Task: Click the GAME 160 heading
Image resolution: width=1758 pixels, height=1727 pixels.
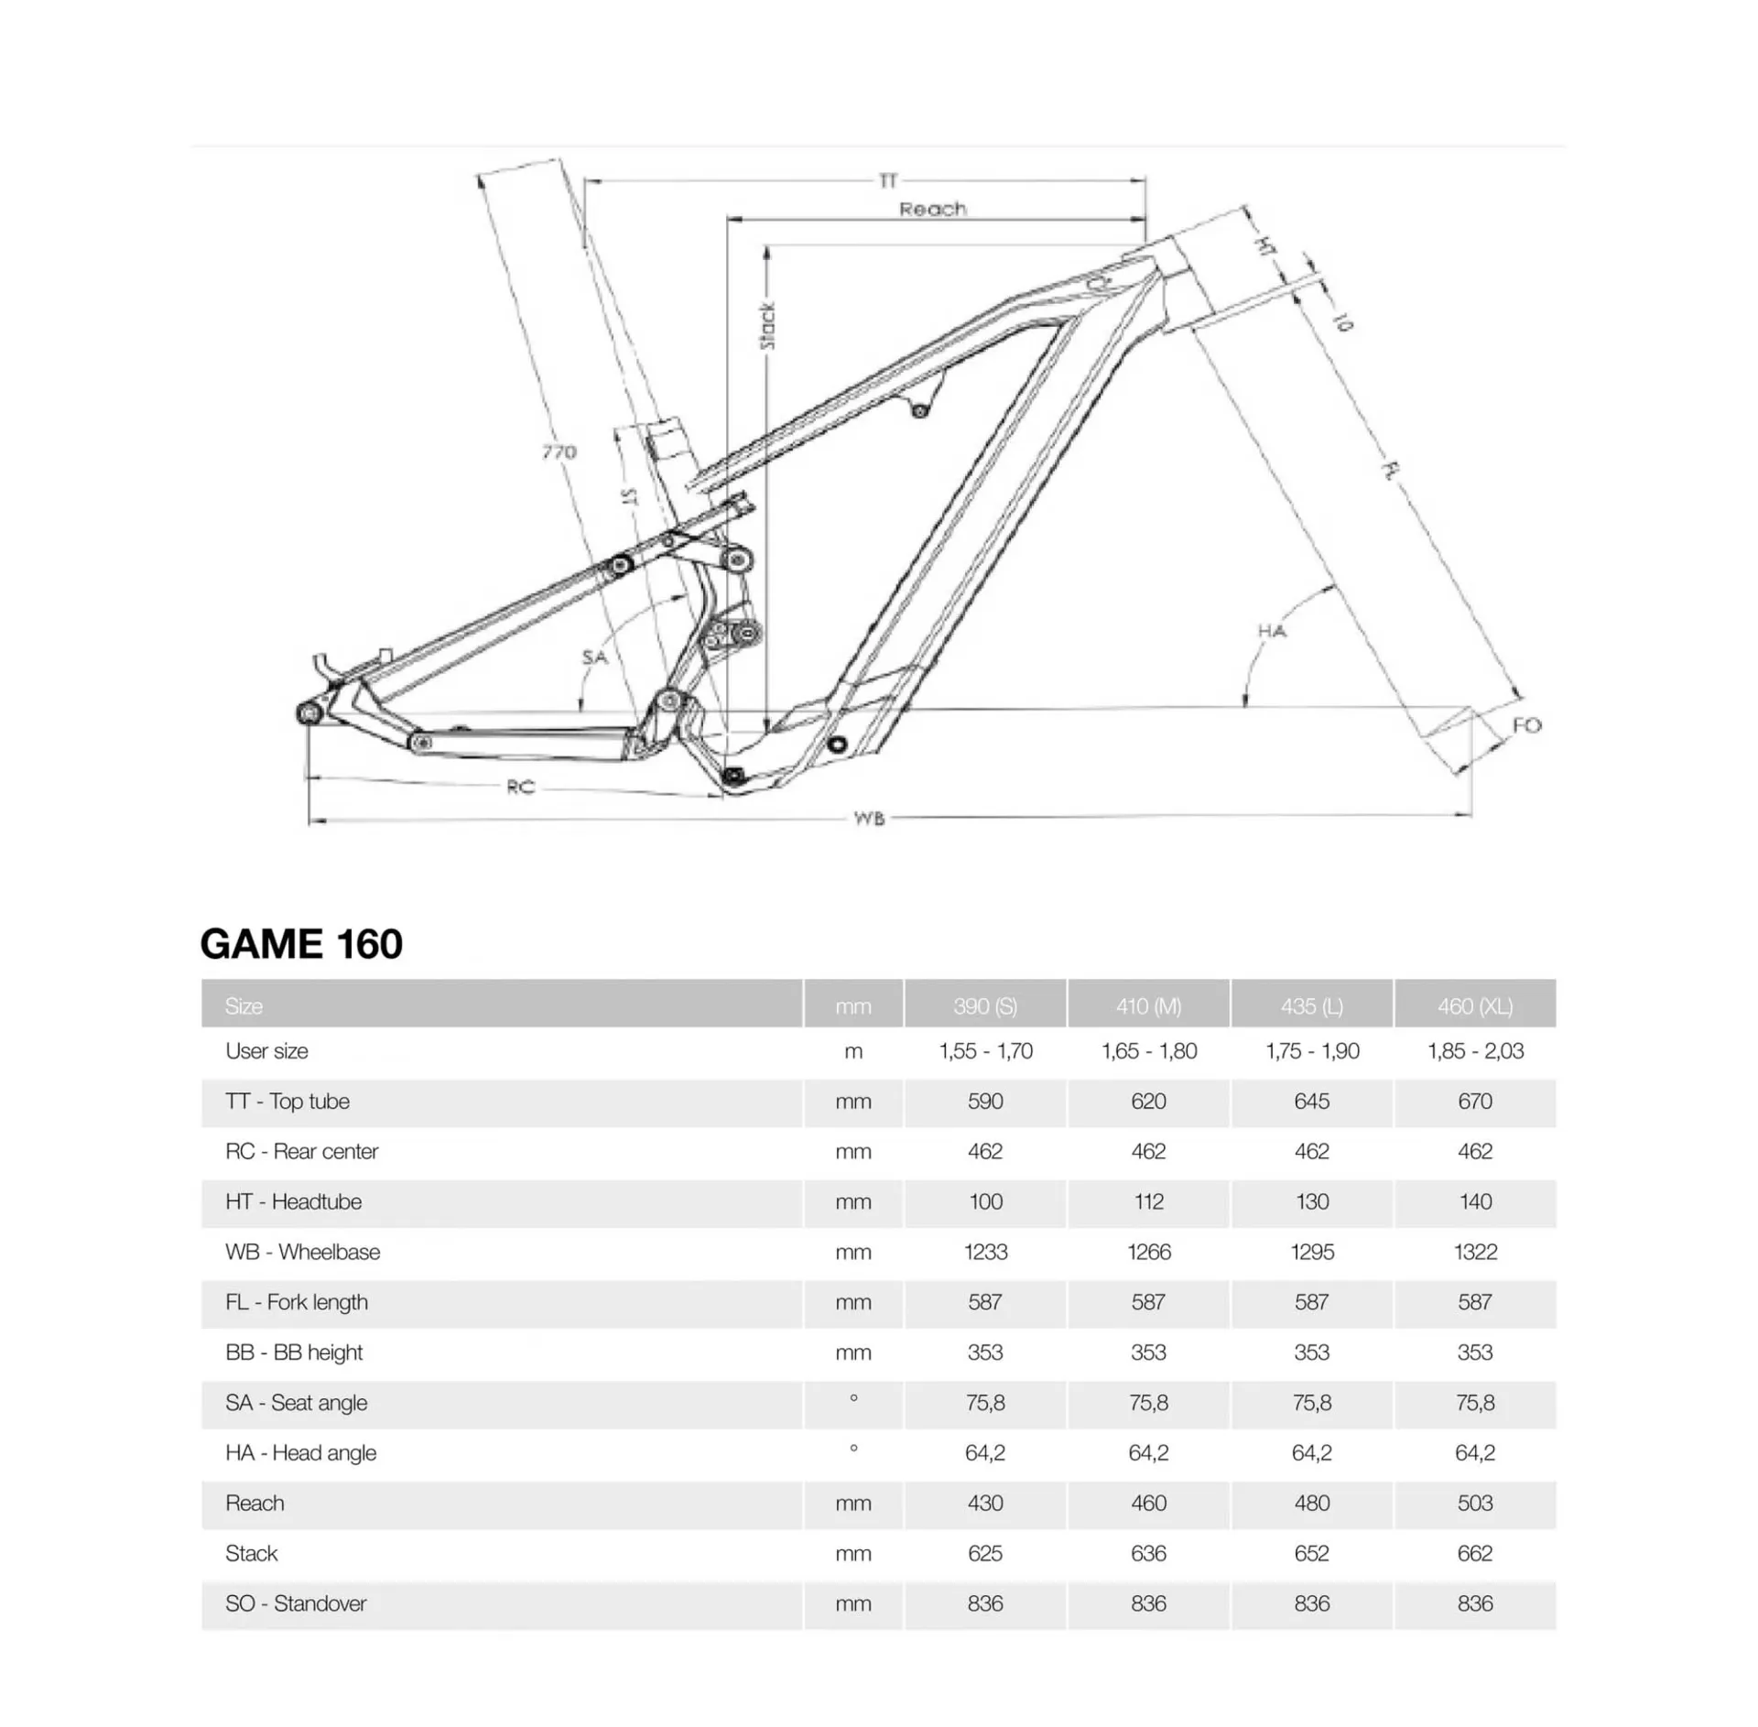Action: (x=301, y=944)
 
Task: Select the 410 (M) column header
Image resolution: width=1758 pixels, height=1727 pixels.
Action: (x=1148, y=1005)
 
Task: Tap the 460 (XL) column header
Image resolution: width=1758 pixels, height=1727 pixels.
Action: (x=1474, y=1005)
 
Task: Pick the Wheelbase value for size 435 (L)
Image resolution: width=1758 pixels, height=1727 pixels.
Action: (x=1311, y=1252)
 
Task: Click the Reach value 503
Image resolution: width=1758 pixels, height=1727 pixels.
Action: (x=1474, y=1503)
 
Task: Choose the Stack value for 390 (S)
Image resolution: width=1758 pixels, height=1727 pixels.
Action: (x=985, y=1553)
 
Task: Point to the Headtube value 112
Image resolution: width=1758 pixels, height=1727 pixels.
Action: (x=1148, y=1201)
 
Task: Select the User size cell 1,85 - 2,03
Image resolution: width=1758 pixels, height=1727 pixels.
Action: (x=1474, y=1051)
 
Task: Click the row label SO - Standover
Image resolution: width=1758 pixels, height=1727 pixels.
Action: (x=296, y=1603)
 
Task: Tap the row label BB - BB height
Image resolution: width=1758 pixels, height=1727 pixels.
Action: (x=294, y=1352)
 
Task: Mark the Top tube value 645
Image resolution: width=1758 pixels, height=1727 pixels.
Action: (x=1311, y=1101)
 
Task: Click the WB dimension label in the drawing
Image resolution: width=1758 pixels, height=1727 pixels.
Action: (x=869, y=818)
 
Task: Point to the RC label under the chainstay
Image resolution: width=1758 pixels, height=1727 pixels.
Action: (x=520, y=787)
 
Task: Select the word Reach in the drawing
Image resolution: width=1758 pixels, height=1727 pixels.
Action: (x=932, y=209)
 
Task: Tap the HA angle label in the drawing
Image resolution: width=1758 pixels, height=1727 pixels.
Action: (x=1271, y=631)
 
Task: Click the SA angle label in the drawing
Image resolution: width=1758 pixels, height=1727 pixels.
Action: (x=594, y=657)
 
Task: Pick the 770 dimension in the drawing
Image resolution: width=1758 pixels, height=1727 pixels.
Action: (x=559, y=451)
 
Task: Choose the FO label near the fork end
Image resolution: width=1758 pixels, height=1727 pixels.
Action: (x=1526, y=725)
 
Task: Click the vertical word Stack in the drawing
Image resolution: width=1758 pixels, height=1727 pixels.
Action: (x=767, y=326)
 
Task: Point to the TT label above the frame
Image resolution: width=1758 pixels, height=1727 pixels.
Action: (x=887, y=180)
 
